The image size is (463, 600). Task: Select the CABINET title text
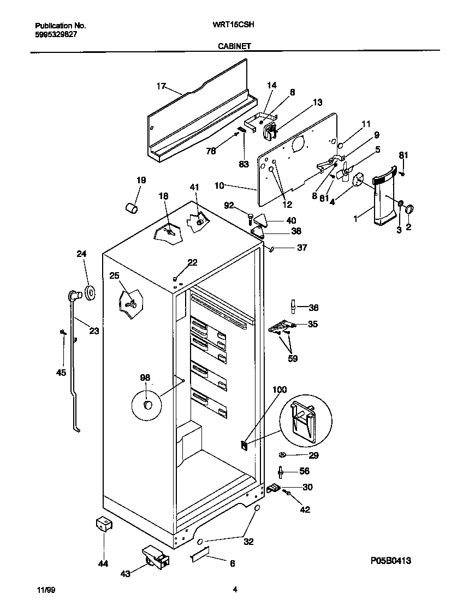pos(234,46)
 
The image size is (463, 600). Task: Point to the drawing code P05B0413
pos(391,560)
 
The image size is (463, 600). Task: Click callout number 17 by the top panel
pos(161,86)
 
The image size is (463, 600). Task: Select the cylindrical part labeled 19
pos(132,207)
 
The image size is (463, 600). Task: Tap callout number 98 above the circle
pos(145,377)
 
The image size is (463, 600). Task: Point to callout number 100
pos(279,389)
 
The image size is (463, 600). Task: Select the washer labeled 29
pos(282,454)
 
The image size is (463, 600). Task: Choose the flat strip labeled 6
pos(201,555)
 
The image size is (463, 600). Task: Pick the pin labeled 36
pos(293,307)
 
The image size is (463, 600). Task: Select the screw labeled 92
pos(250,218)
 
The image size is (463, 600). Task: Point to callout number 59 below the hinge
pos(293,358)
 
